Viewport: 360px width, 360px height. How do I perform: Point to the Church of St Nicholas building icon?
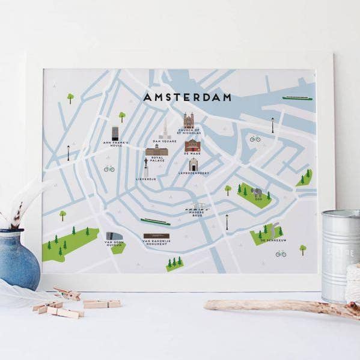coord(189,120)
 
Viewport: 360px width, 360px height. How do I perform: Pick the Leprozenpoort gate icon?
coord(193,165)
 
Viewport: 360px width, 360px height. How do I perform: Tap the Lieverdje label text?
coord(145,178)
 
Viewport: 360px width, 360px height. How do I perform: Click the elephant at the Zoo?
coord(258,192)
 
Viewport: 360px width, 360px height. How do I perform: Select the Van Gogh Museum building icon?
coord(112,236)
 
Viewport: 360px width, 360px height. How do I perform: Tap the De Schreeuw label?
coord(271,240)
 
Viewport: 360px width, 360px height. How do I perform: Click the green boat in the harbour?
coord(297,98)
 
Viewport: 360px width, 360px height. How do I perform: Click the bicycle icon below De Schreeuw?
coord(281,253)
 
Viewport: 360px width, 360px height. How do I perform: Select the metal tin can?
coord(341,255)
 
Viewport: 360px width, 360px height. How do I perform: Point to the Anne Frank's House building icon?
coord(115,133)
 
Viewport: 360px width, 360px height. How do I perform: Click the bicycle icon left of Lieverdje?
coord(109,168)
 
